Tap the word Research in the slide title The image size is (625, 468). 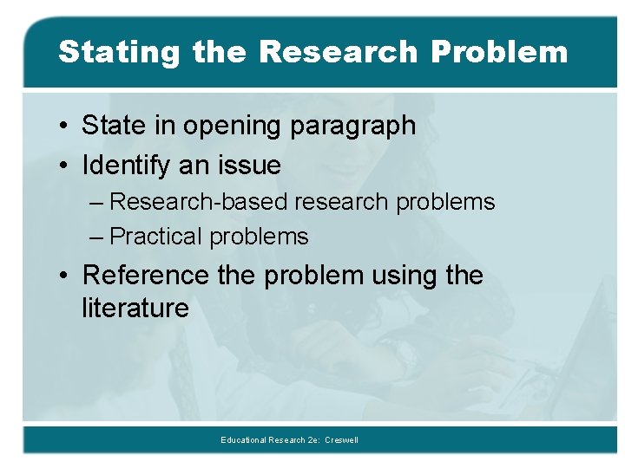point(338,52)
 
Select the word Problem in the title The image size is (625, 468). point(499,52)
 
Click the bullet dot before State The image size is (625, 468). point(66,127)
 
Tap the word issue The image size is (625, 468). point(248,165)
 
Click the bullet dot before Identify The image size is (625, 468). point(66,165)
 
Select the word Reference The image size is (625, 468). point(146,276)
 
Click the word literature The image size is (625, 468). point(135,308)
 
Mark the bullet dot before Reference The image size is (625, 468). point(66,276)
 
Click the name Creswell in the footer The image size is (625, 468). point(341,440)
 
